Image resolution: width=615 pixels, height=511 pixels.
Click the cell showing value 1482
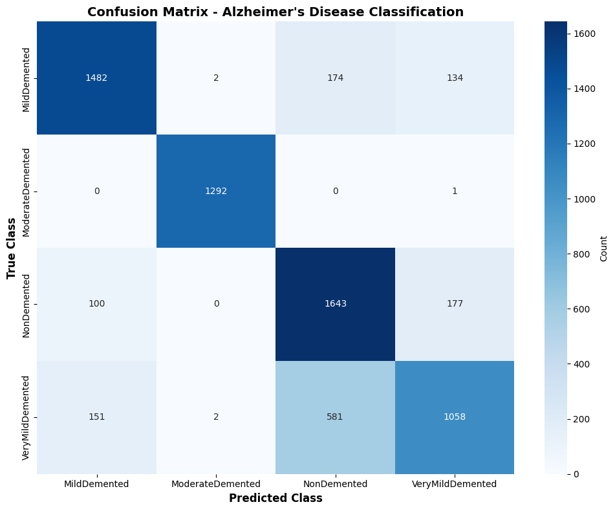97,78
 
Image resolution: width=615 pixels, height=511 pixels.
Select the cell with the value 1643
336,304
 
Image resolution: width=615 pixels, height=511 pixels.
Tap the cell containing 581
336,417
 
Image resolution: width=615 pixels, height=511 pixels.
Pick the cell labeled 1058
455,417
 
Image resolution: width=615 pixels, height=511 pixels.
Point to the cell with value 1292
216,191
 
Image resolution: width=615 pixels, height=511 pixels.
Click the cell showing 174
336,78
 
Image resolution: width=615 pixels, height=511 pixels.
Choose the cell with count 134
455,78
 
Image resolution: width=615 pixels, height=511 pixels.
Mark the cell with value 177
455,304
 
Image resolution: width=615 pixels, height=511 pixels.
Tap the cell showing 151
97,417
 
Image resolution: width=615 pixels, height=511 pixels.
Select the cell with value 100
97,304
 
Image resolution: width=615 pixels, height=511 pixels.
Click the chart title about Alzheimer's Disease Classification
275,12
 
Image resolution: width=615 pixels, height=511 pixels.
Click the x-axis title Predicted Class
275,498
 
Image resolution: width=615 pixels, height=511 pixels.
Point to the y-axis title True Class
12,248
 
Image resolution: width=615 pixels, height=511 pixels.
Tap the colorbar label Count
603,248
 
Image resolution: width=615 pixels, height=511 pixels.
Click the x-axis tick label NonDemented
336,484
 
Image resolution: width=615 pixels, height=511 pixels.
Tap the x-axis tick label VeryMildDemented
455,484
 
